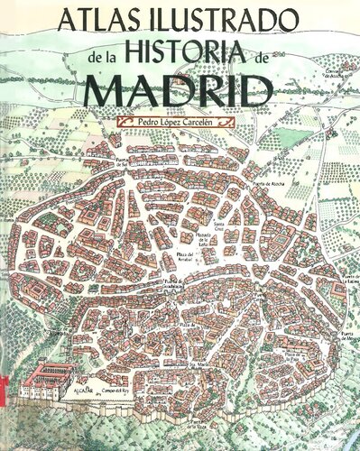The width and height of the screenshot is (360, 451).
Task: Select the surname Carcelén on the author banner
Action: click(x=202, y=119)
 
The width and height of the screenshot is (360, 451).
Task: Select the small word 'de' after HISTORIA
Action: click(x=262, y=57)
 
